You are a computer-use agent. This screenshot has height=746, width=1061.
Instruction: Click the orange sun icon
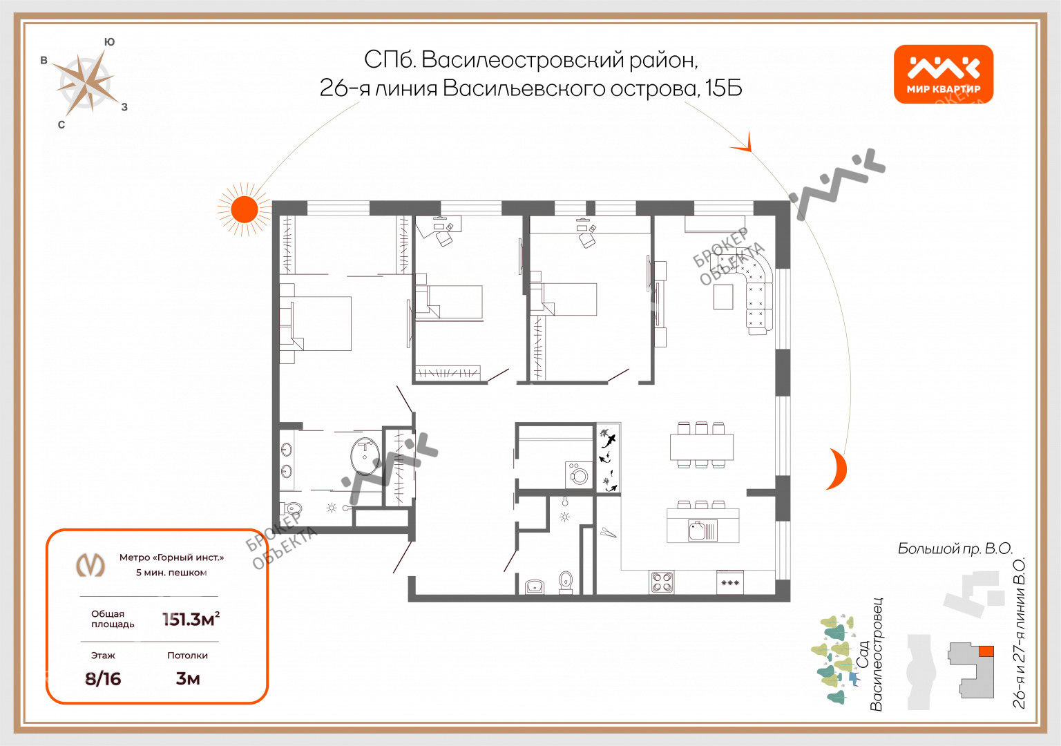tap(244, 209)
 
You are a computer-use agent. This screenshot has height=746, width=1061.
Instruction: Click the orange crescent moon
tap(839, 469)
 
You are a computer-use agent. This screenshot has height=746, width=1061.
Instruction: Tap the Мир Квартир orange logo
tap(943, 74)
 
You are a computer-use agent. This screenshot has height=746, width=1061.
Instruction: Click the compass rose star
tap(86, 84)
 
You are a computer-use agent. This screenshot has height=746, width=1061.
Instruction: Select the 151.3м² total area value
tap(191, 619)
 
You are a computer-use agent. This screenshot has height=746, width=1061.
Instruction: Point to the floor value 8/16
tap(103, 679)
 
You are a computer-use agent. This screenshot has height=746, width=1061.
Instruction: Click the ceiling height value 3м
tap(188, 679)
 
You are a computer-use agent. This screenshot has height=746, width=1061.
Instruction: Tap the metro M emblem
tap(90, 564)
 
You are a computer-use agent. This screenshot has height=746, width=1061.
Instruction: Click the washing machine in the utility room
tap(579, 475)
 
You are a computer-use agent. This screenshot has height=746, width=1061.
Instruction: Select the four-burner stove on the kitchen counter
tap(661, 582)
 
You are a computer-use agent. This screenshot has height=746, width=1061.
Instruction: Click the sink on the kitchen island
tap(703, 530)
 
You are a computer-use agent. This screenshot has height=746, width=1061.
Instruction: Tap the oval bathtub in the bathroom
tap(365, 456)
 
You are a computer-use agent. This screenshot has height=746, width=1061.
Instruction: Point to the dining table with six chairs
tap(702, 446)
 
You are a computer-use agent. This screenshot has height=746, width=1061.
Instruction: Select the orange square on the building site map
tap(986, 651)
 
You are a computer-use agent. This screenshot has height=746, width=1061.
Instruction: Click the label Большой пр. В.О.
tap(955, 548)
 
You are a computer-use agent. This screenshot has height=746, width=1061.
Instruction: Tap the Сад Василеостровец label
tap(870, 654)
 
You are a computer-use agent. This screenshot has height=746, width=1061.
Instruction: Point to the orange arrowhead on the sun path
tap(743, 144)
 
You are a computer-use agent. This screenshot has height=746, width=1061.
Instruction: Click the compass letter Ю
tap(109, 41)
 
